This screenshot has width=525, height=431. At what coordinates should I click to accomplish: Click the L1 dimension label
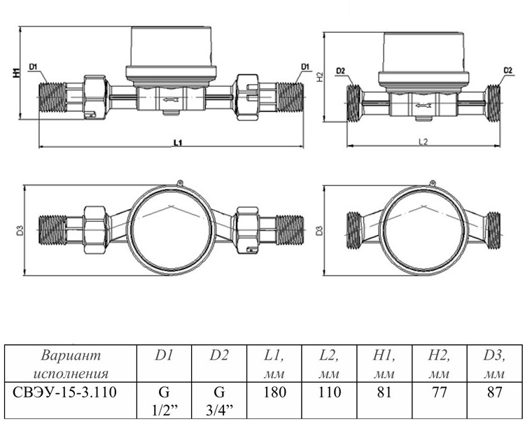tap(178, 143)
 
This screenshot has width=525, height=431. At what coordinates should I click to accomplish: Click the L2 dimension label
tap(423, 141)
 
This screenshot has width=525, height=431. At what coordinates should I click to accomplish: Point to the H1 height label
tap(16, 73)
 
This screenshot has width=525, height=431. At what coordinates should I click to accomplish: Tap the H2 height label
tap(320, 77)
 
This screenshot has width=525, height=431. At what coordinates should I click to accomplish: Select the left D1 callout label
tap(33, 67)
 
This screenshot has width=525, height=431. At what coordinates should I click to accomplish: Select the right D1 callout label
tap(305, 67)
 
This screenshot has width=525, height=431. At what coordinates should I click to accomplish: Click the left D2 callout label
tap(340, 71)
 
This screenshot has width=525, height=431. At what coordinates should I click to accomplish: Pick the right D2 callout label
tap(508, 70)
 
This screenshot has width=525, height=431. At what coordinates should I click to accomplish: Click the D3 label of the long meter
tap(20, 230)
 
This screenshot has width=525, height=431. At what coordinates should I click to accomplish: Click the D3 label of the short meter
tap(320, 230)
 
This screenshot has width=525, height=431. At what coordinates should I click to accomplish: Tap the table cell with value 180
tap(274, 400)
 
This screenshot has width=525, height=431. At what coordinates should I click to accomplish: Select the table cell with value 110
tap(330, 400)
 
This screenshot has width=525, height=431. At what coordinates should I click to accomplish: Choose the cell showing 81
tap(384, 400)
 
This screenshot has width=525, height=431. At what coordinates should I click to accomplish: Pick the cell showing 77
tap(440, 400)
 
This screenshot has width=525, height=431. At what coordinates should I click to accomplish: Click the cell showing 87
tap(494, 400)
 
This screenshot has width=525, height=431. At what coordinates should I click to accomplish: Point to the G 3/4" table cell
tap(219, 400)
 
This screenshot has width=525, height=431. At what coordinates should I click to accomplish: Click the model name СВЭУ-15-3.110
tap(64, 392)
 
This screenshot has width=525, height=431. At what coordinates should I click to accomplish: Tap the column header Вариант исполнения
tap(71, 364)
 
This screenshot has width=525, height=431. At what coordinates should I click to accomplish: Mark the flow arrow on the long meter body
tap(171, 99)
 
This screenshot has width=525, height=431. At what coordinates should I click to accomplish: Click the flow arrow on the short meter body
tap(423, 106)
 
